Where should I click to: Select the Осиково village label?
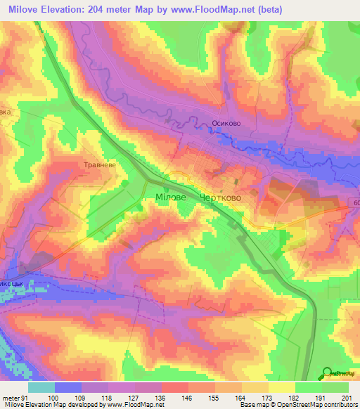[227, 122]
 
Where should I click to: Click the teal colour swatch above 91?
[42, 387]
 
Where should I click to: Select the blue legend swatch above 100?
[69, 387]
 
